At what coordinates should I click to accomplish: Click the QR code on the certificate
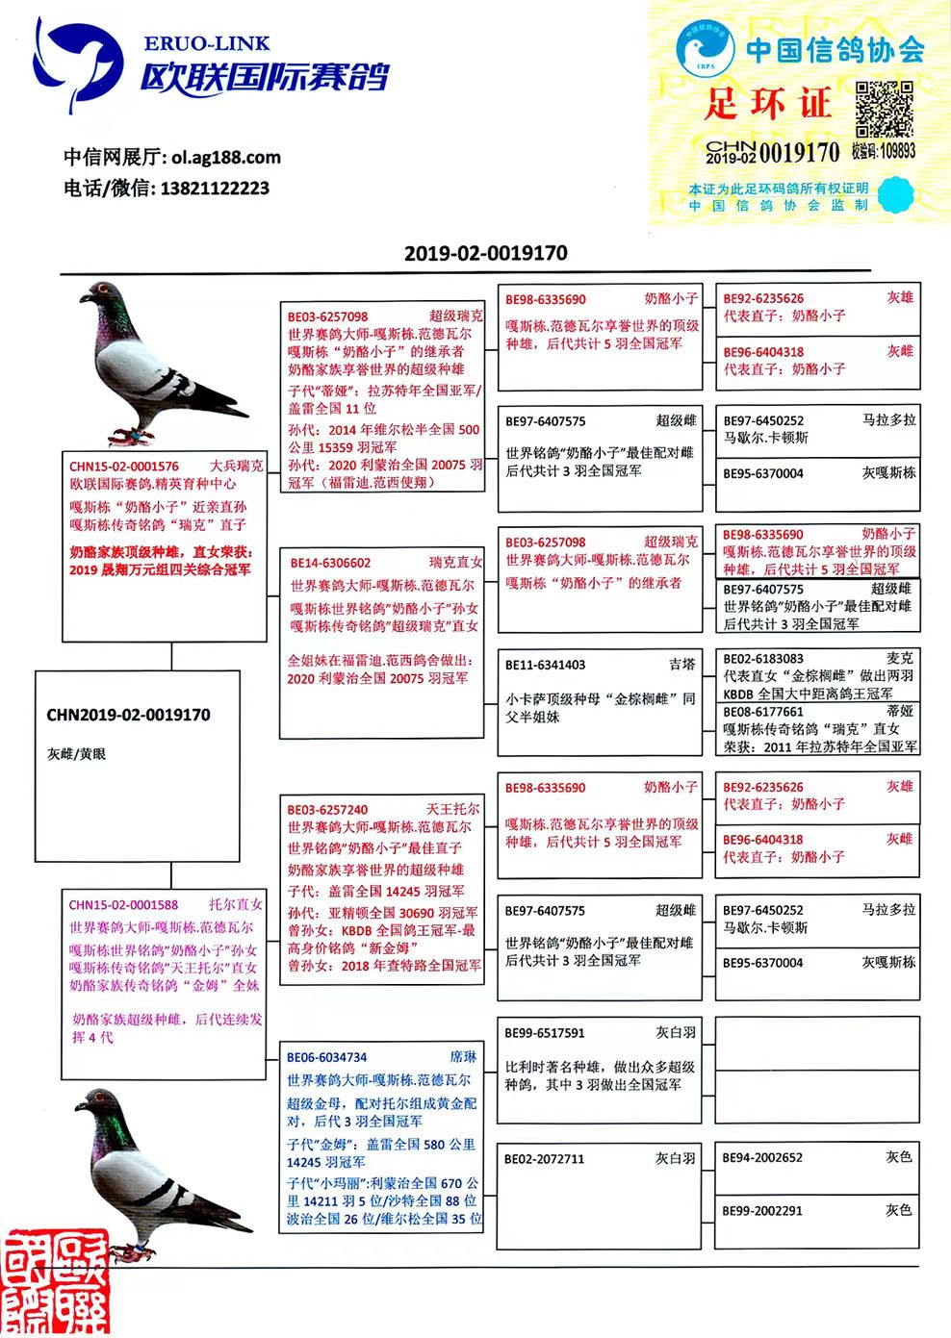884,109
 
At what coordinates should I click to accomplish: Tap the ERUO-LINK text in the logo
207,44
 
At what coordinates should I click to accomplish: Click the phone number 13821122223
215,189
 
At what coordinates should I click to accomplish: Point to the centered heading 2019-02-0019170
485,254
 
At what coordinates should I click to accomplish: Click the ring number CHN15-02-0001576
124,467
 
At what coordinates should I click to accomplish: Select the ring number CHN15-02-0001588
123,905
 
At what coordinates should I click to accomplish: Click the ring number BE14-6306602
331,564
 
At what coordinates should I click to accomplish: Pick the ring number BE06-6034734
327,1057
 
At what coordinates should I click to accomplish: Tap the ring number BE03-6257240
327,810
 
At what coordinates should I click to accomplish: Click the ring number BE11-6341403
545,665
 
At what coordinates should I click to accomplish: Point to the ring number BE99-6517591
545,1033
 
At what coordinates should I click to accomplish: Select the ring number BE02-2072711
545,1159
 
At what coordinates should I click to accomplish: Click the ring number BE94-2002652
762,1158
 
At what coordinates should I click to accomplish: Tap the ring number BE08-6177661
763,712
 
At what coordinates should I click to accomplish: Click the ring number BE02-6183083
763,659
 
